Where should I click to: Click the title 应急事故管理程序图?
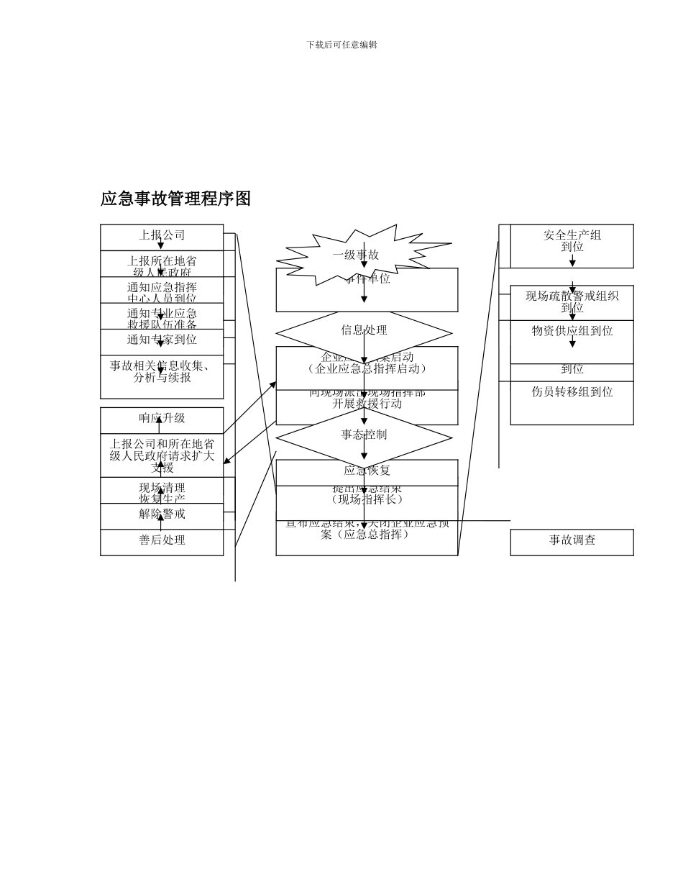tap(175, 199)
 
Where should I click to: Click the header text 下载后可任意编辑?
tap(341, 45)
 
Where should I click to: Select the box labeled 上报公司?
tap(162, 236)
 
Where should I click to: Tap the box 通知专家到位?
tap(162, 340)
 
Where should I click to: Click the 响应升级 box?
tap(162, 419)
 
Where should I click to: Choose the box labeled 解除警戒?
tap(162, 514)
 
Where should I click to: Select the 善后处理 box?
tap(162, 541)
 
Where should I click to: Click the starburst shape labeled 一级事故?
tap(356, 255)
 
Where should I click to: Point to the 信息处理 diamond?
tap(364, 331)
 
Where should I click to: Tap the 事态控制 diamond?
tap(364, 435)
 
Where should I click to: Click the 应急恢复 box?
tap(367, 472)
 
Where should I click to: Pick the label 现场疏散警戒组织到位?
tap(572, 301)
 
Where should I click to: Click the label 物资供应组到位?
tap(572, 332)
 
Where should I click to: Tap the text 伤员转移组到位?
tap(572, 393)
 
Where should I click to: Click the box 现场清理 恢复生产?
tap(162, 493)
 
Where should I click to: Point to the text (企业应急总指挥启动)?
tap(367, 369)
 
